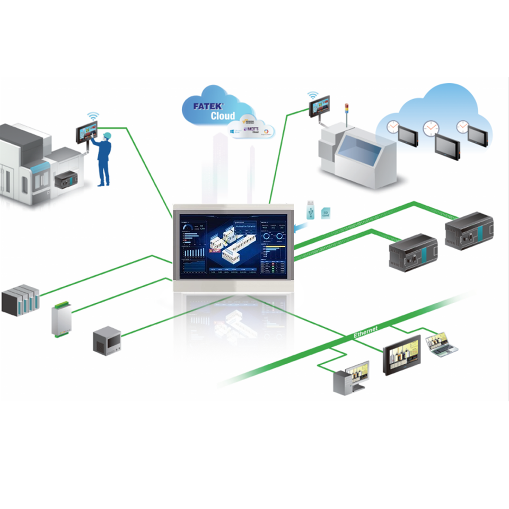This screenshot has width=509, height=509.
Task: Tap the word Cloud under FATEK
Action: tap(223, 116)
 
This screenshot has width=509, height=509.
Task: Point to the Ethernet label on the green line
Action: tap(366, 332)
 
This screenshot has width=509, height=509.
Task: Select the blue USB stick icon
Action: tap(311, 209)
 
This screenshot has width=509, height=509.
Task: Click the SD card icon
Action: tap(325, 212)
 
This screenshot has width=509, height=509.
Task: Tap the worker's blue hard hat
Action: tap(107, 135)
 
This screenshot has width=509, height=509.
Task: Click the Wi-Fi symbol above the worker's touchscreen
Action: tap(93, 115)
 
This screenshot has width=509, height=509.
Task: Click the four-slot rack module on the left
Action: tap(21, 301)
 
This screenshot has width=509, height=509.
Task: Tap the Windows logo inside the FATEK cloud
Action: tap(234, 129)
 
